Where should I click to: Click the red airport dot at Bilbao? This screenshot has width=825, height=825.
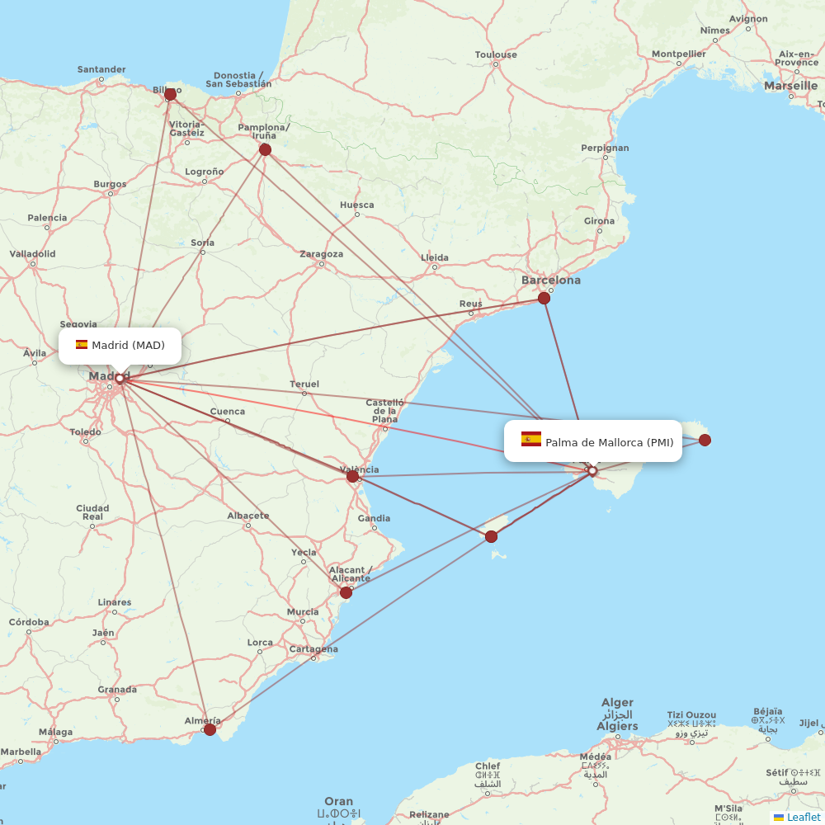pyautogui.click(x=171, y=94)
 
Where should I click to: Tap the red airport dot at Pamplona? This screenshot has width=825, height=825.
pyautogui.click(x=265, y=149)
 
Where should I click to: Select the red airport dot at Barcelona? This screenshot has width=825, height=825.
pyautogui.click(x=544, y=298)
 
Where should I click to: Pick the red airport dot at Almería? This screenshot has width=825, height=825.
pyautogui.click(x=210, y=729)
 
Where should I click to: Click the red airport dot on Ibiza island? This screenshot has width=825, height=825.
pyautogui.click(x=491, y=537)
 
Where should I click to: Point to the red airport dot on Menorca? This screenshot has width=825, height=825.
pyautogui.click(x=705, y=440)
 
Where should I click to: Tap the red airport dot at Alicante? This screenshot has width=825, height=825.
pyautogui.click(x=346, y=592)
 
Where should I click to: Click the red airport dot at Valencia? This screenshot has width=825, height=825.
pyautogui.click(x=352, y=476)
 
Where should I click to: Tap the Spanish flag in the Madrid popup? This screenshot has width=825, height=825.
pyautogui.click(x=82, y=345)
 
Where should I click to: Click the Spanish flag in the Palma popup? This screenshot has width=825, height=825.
pyautogui.click(x=531, y=440)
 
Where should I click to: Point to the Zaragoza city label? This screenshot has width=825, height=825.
pyautogui.click(x=321, y=253)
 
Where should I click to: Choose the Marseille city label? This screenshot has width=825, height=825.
pyautogui.click(x=790, y=85)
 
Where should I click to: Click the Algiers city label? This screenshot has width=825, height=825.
pyautogui.click(x=617, y=726)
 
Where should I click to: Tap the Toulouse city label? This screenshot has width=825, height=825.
pyautogui.click(x=496, y=54)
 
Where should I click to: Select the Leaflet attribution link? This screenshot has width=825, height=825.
pyautogui.click(x=803, y=817)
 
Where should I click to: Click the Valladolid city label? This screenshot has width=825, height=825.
pyautogui.click(x=33, y=253)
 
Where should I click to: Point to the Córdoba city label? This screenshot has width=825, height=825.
pyautogui.click(x=28, y=621)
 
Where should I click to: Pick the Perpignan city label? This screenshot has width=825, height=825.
pyautogui.click(x=605, y=148)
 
